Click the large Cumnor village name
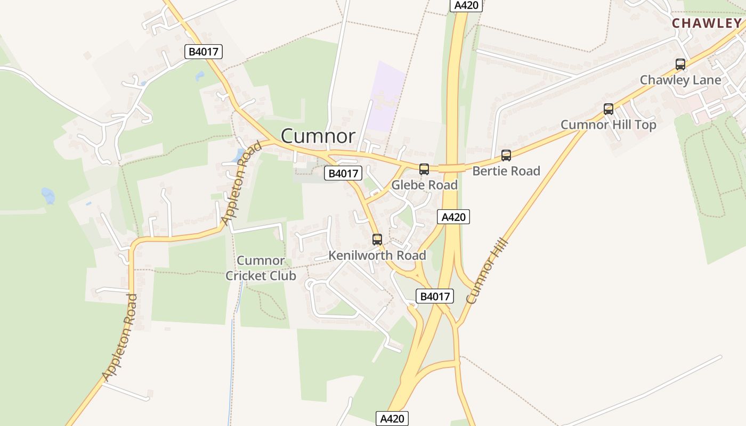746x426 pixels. (318, 136)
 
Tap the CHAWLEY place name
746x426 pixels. (707, 23)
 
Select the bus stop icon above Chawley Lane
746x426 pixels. (680, 64)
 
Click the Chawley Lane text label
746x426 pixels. (680, 80)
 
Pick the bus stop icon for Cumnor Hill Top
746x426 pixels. (609, 109)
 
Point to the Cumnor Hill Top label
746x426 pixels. (609, 125)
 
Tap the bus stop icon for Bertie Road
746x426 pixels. (506, 155)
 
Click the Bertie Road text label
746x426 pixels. (506, 171)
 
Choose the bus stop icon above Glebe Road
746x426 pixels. (424, 169)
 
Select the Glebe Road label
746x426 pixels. (424, 185)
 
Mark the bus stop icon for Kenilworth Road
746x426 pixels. (377, 240)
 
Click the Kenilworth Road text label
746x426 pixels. (377, 256)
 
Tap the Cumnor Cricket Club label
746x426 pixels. (261, 268)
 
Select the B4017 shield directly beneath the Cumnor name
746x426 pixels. (343, 173)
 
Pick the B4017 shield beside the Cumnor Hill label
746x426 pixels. (434, 297)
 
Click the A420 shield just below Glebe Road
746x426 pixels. (454, 217)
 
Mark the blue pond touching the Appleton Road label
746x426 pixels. (237, 155)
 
